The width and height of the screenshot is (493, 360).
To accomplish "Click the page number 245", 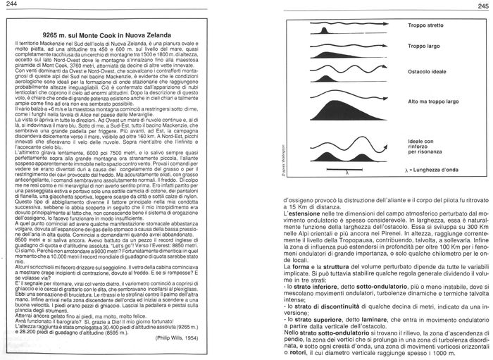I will point(480,6).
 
